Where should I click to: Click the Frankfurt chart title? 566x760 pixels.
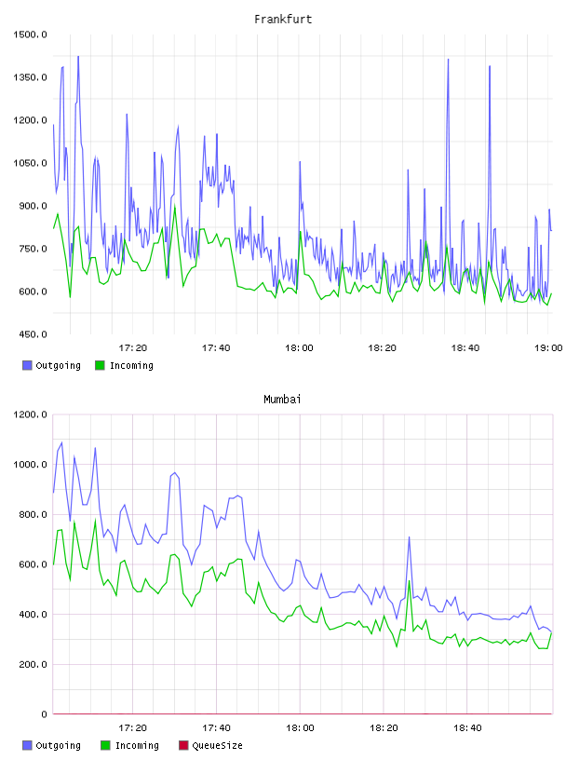(x=283, y=19)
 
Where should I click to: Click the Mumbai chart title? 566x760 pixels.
(x=282, y=399)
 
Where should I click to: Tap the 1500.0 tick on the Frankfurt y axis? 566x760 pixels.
(x=30, y=34)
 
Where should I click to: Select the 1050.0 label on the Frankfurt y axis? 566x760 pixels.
(x=30, y=163)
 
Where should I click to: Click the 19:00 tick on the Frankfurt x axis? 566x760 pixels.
(x=548, y=348)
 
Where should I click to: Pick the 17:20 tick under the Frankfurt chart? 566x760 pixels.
(x=133, y=348)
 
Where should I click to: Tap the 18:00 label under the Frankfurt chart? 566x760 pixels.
(x=299, y=348)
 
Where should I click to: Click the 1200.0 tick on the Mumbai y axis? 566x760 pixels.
(x=30, y=414)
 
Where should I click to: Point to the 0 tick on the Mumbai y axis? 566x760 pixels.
(x=44, y=714)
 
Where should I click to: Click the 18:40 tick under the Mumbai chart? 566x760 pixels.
(x=467, y=728)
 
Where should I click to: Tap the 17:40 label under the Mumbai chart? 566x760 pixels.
(x=216, y=728)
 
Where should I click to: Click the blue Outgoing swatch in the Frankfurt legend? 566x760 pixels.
(x=27, y=365)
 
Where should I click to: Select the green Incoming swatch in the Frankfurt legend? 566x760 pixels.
(x=100, y=365)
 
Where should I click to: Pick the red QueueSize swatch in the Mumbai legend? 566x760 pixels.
(x=183, y=745)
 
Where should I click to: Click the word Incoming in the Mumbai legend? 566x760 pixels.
(x=137, y=745)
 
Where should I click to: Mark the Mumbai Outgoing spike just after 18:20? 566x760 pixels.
(x=409, y=537)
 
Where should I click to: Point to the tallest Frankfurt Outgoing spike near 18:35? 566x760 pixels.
(x=449, y=60)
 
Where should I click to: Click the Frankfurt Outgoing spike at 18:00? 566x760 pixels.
(x=300, y=162)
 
